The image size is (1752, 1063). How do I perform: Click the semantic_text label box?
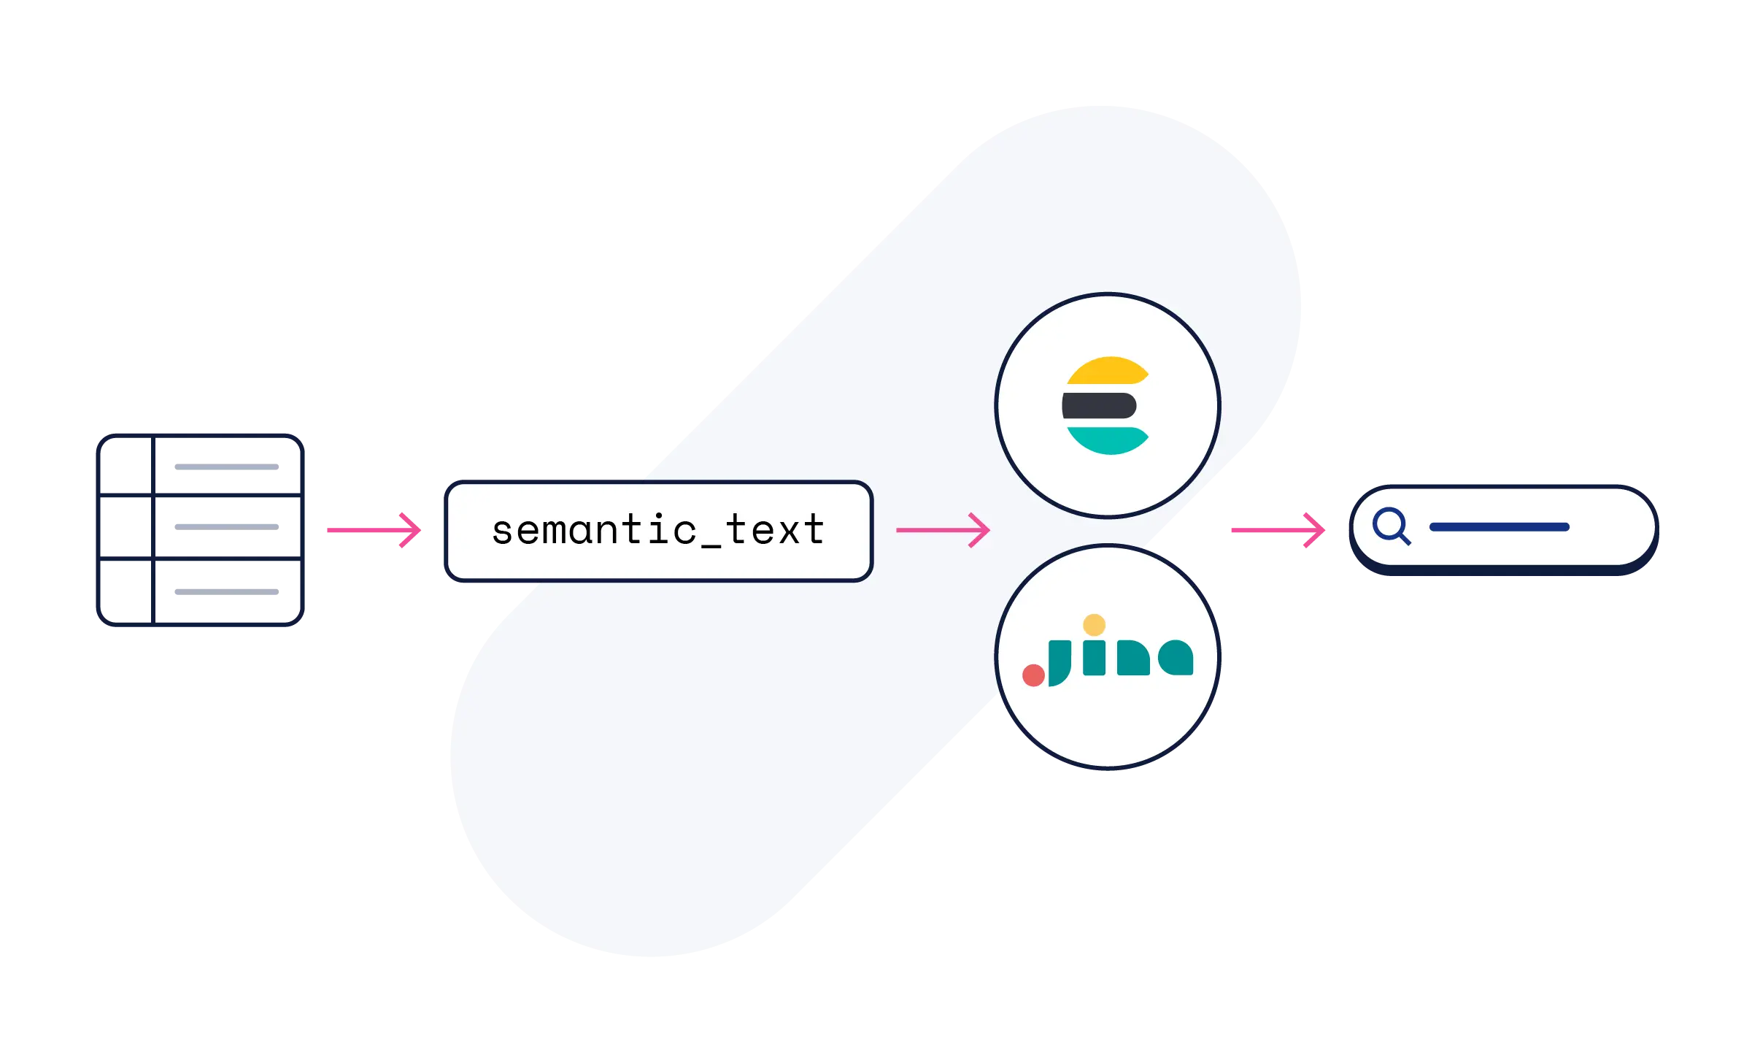point(658,531)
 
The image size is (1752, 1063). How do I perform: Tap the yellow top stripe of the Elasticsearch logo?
point(1107,371)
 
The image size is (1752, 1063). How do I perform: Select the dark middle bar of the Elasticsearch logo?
point(1099,405)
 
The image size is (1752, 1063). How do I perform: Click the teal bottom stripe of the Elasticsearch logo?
point(1107,440)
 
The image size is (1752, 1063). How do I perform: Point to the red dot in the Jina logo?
point(1033,675)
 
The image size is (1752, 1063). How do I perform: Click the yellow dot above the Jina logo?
point(1094,625)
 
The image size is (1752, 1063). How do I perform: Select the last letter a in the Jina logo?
point(1176,658)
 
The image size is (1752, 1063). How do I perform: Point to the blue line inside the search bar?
point(1499,527)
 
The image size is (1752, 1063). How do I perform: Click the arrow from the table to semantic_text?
point(375,529)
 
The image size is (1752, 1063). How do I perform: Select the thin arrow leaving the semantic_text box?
point(943,530)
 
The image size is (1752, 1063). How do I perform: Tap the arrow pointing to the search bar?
point(1277,529)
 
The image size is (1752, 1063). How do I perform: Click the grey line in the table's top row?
point(225,467)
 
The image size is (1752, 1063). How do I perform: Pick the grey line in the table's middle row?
point(225,526)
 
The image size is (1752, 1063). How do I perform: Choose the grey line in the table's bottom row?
point(225,590)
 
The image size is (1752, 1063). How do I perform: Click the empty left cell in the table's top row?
point(126,465)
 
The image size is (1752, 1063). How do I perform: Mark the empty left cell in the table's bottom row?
point(126,591)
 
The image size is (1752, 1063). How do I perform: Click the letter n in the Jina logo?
point(1133,658)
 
